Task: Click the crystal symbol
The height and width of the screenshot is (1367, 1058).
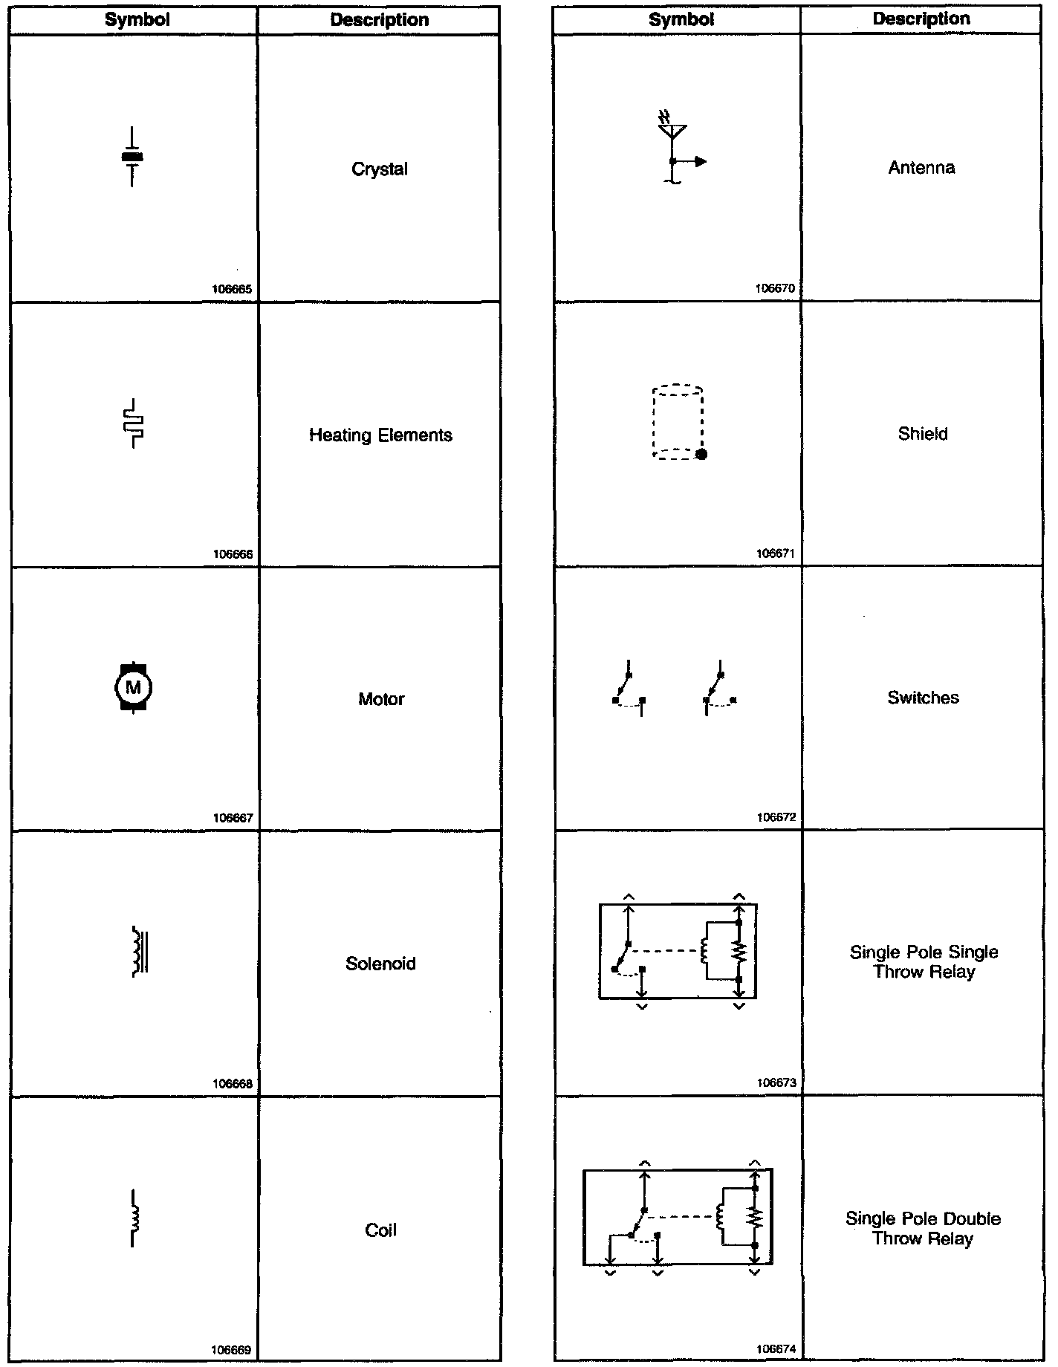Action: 132,157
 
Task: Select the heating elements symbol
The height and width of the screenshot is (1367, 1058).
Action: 134,423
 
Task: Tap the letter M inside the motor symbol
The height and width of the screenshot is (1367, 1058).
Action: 134,687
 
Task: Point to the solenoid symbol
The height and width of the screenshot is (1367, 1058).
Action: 139,951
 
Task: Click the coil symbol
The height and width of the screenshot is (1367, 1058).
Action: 134,1218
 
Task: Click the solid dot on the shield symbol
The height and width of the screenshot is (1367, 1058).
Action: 701,454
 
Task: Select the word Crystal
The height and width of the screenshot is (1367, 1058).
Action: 379,169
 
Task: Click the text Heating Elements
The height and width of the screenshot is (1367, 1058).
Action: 380,435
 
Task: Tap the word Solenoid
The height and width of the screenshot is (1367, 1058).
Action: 380,964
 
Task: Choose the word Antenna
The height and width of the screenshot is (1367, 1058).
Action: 921,168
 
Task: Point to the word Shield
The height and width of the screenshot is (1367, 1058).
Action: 923,434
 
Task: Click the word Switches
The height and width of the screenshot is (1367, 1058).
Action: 923,698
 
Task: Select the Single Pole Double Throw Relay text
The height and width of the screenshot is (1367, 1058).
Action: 923,1228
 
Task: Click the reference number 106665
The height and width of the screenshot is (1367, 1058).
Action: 233,290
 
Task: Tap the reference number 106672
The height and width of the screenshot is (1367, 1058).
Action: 776,817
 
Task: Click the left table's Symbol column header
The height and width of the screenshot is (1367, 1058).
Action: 137,20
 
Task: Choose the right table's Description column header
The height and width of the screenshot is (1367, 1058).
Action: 921,19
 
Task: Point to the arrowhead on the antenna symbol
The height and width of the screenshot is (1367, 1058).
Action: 701,161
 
